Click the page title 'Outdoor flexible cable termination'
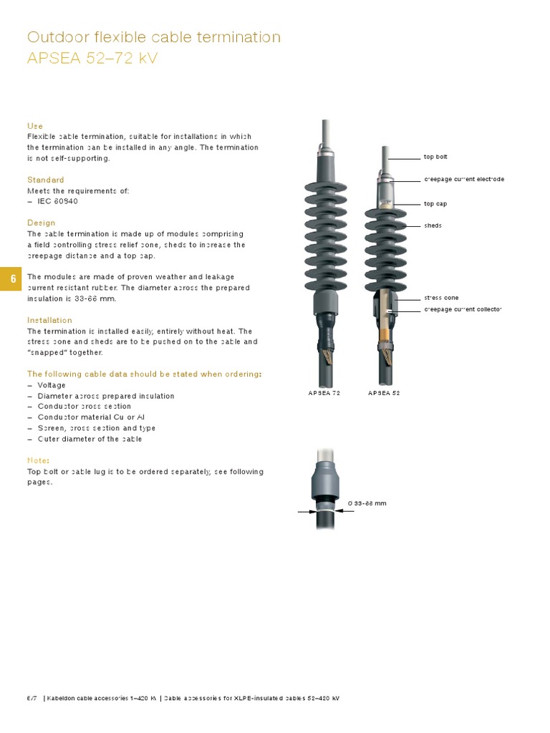pos(153,37)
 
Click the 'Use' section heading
pos(35,126)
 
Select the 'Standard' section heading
pos(46,180)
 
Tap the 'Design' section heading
pos(42,223)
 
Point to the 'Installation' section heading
pos(50,320)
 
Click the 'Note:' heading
pos(38,460)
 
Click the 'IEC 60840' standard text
pos(57,201)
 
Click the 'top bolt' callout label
pos(435,157)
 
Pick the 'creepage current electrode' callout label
pos(464,179)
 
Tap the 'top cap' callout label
pos(435,204)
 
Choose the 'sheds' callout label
pos(433,225)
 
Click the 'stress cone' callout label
pos(441,298)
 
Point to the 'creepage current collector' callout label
pos(463,309)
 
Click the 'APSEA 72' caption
pos(324,393)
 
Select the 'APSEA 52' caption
pos(384,393)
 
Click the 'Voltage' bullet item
pos(51,385)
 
